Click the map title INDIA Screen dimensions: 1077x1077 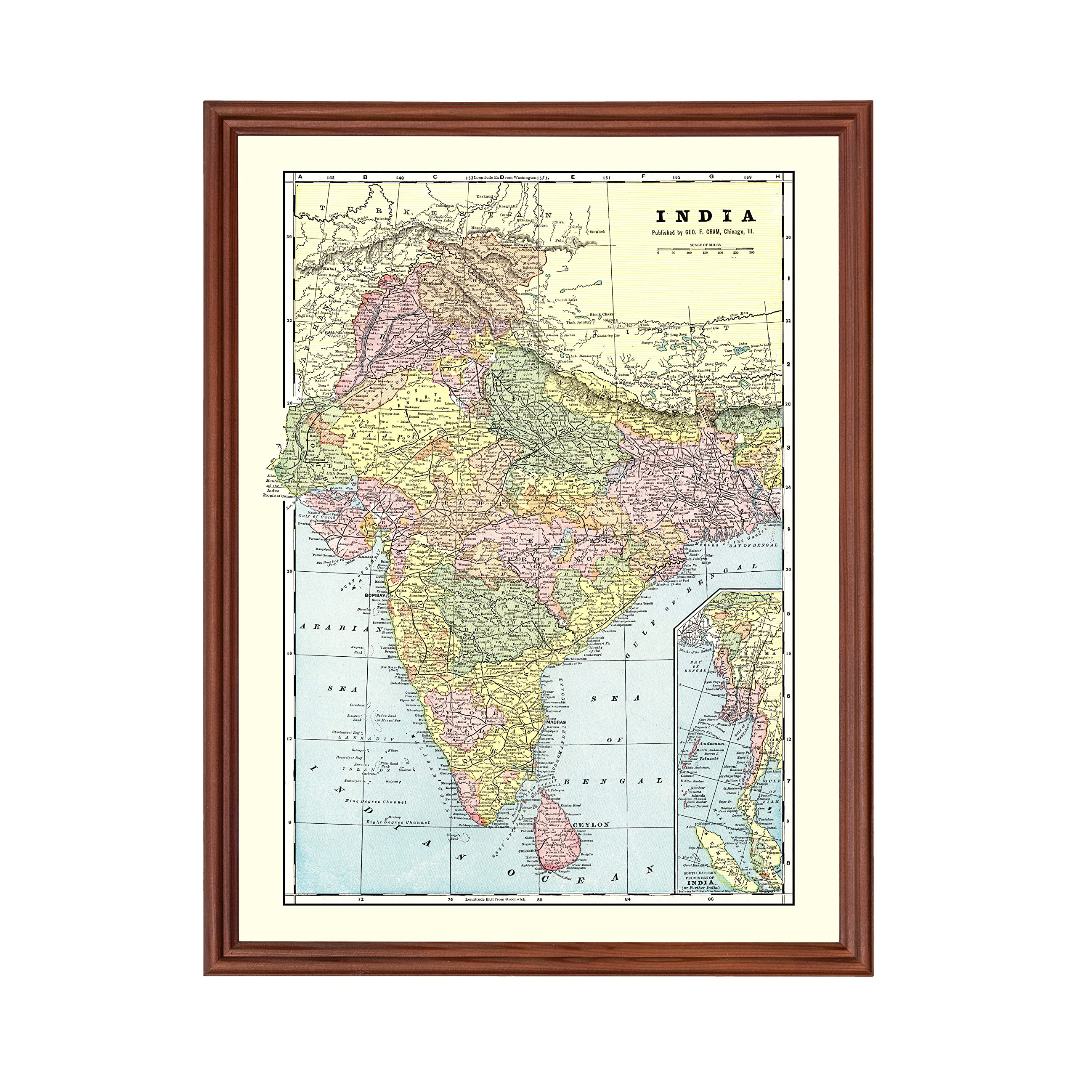point(705,216)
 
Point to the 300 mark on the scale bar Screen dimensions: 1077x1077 point(752,252)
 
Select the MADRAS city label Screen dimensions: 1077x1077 point(555,722)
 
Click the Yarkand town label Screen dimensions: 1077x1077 point(485,197)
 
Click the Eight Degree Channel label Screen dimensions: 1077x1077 point(398,822)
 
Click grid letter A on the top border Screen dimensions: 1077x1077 point(300,177)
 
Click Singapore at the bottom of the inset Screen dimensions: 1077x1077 point(772,890)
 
